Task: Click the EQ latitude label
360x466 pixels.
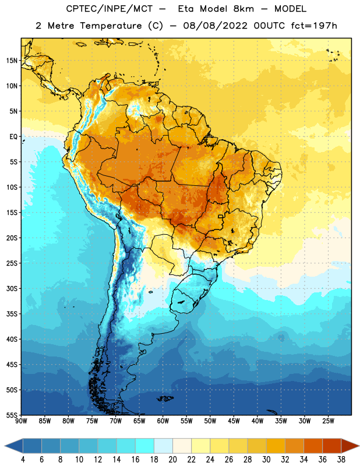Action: click(x=13, y=137)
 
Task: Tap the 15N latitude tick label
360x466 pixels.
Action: click(x=12, y=61)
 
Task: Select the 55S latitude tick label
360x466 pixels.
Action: click(x=12, y=415)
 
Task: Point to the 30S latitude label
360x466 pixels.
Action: click(x=12, y=288)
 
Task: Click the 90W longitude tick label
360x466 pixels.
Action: click(x=21, y=421)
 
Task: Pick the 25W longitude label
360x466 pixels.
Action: click(x=328, y=421)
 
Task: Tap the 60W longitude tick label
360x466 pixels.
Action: click(x=163, y=421)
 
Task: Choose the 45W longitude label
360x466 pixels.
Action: click(x=234, y=421)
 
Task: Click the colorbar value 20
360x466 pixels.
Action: click(x=172, y=460)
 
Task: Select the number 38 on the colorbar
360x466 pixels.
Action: click(x=341, y=460)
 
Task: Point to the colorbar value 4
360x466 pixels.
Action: click(x=23, y=460)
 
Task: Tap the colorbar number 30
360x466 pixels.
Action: click(x=266, y=460)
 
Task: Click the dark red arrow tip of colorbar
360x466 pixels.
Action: click(x=358, y=446)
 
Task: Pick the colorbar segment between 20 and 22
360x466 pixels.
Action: click(x=182, y=446)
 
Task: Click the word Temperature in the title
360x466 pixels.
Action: click(x=111, y=26)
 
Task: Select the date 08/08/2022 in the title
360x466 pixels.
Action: click(x=215, y=26)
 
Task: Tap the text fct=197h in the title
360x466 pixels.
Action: click(x=314, y=26)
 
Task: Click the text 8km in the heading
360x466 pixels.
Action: click(x=243, y=9)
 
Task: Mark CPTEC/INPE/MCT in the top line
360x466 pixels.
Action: click(x=110, y=9)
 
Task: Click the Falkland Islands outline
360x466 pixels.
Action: click(x=165, y=398)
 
